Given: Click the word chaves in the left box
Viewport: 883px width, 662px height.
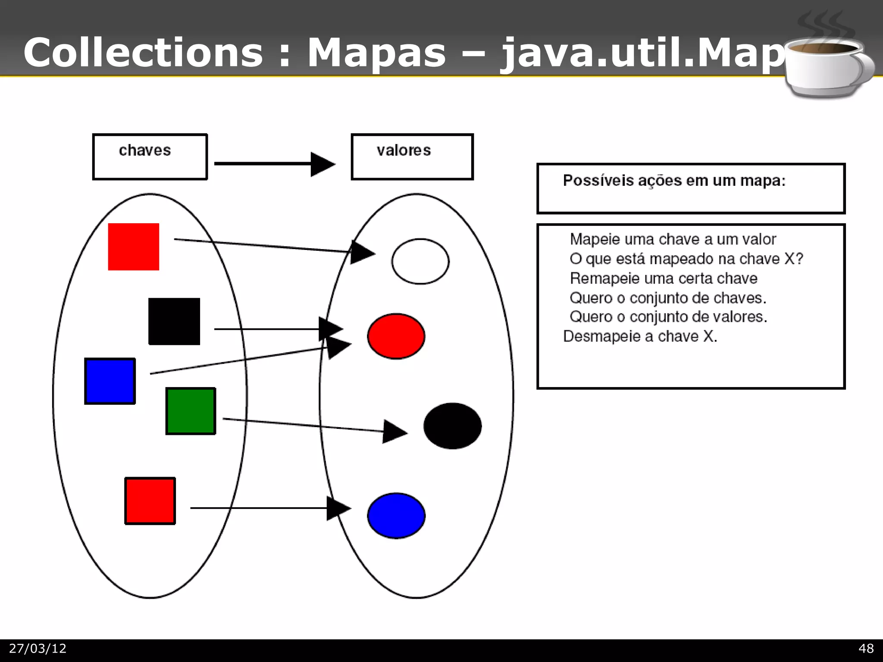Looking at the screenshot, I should pyautogui.click(x=145, y=150).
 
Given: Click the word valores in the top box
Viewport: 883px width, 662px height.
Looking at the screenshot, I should pyautogui.click(x=404, y=150).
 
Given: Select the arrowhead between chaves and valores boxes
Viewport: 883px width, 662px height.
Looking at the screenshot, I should pyautogui.click(x=322, y=164).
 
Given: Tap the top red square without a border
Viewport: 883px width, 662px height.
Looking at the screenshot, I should pyautogui.click(x=134, y=247).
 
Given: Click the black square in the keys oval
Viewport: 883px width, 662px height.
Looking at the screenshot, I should pyautogui.click(x=174, y=321).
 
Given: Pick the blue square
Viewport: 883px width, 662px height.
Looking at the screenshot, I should pyautogui.click(x=110, y=381).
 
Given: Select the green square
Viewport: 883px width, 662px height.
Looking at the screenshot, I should pyautogui.click(x=191, y=411).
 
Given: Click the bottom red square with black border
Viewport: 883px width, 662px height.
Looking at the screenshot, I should pyautogui.click(x=150, y=501).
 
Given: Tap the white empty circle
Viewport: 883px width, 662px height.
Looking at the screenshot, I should pyautogui.click(x=420, y=261).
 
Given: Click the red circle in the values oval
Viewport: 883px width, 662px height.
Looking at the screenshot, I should pyautogui.click(x=396, y=336).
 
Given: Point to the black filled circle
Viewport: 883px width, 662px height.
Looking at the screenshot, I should pyautogui.click(x=452, y=426).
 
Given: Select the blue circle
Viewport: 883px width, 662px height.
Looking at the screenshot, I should pyautogui.click(x=396, y=515).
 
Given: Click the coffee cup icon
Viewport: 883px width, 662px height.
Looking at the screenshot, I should pyautogui.click(x=826, y=65).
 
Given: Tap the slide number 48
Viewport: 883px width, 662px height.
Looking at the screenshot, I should pyautogui.click(x=866, y=649).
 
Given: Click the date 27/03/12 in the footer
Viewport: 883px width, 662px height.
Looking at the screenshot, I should pyautogui.click(x=38, y=649).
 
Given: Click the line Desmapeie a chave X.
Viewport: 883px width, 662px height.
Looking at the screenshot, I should pyautogui.click(x=640, y=336).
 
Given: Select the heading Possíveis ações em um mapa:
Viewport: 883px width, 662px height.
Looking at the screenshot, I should pyautogui.click(x=674, y=181).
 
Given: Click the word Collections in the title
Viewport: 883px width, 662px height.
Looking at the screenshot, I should pyautogui.click(x=143, y=53).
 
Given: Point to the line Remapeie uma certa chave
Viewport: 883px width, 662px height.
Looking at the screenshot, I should pyautogui.click(x=663, y=278).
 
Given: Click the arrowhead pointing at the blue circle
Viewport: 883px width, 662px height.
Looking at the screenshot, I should pyautogui.click(x=338, y=508).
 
